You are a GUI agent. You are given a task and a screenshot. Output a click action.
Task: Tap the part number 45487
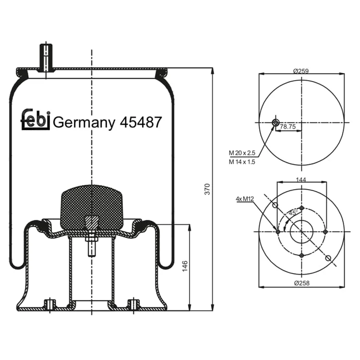tap(141, 122)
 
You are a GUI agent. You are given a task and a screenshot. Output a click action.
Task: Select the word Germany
tap(84, 123)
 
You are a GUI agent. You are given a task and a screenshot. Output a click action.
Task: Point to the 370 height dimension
tap(207, 189)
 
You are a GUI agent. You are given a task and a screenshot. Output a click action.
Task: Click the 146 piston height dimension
tap(185, 266)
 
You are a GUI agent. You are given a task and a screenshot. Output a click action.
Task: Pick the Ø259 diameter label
tap(301, 71)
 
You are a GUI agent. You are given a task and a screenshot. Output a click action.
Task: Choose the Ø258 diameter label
tap(302, 283)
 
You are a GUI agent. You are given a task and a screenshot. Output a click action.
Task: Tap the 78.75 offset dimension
tap(288, 127)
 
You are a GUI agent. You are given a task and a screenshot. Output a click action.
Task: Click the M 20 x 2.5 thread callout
tap(242, 153)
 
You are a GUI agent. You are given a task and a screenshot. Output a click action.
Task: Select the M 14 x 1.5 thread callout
tap(242, 162)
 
